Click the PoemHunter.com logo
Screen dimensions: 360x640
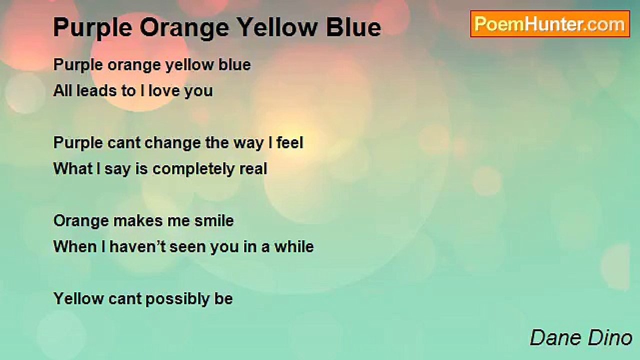[550, 24]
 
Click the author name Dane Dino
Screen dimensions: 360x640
[581, 337]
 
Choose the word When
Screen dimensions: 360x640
[71, 247]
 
